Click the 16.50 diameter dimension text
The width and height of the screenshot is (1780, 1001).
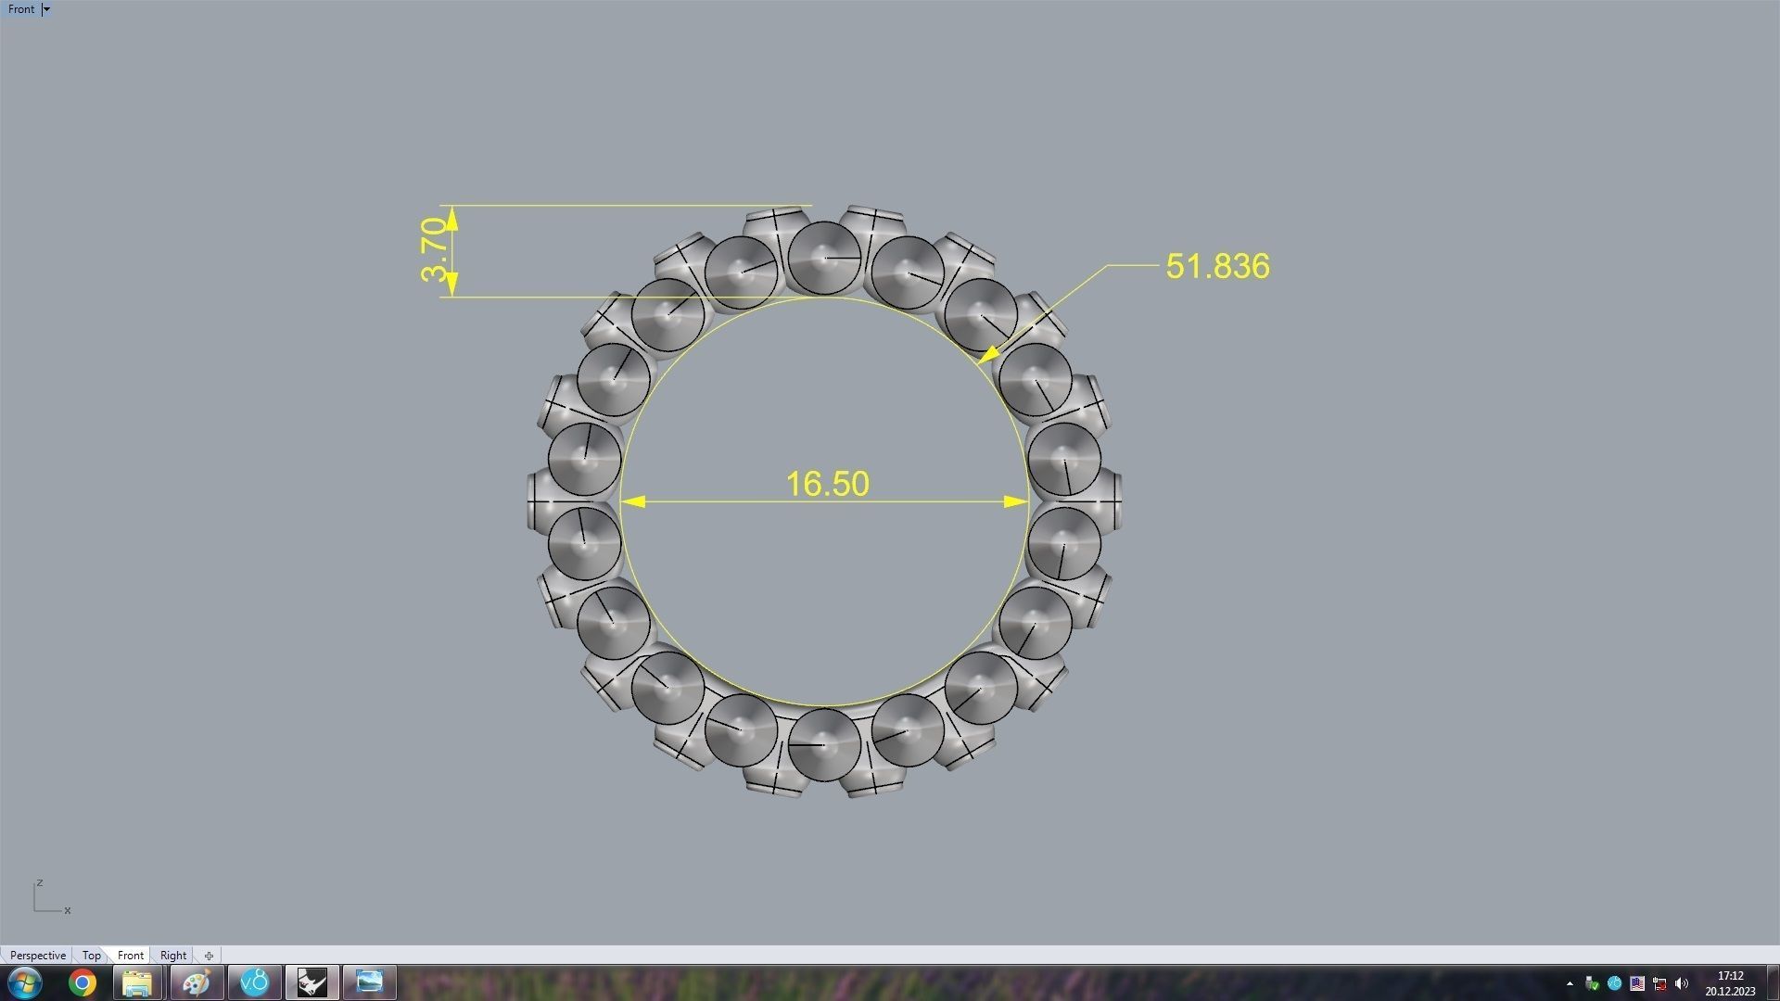pyautogui.click(x=827, y=484)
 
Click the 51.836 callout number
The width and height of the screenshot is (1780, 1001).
pyautogui.click(x=1217, y=267)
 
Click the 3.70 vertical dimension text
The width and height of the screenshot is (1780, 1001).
pyautogui.click(x=434, y=249)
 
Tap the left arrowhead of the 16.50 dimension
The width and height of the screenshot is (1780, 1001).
pyautogui.click(x=632, y=501)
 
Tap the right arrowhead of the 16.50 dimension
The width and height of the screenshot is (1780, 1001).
pyautogui.click(x=1016, y=501)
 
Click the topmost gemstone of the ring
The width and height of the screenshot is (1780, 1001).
pyautogui.click(x=824, y=258)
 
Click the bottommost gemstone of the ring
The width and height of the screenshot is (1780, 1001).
pyautogui.click(x=824, y=744)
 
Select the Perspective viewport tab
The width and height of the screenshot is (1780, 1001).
pyautogui.click(x=37, y=956)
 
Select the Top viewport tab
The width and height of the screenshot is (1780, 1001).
pyautogui.click(x=91, y=956)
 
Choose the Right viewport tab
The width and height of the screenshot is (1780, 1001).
pyautogui.click(x=173, y=956)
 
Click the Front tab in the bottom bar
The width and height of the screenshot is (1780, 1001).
pyautogui.click(x=131, y=956)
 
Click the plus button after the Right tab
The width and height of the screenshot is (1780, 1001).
pyautogui.click(x=209, y=956)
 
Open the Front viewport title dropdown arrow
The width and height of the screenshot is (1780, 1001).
pyautogui.click(x=46, y=9)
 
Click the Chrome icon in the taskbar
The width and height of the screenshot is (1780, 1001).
pyautogui.click(x=83, y=982)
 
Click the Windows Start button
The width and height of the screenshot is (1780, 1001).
pyautogui.click(x=25, y=982)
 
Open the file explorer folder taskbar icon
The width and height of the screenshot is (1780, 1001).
pyautogui.click(x=137, y=982)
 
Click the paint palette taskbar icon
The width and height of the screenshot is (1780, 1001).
pyautogui.click(x=196, y=982)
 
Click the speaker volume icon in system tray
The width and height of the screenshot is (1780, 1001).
pyautogui.click(x=1682, y=984)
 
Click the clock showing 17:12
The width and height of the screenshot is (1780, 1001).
pyautogui.click(x=1730, y=976)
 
